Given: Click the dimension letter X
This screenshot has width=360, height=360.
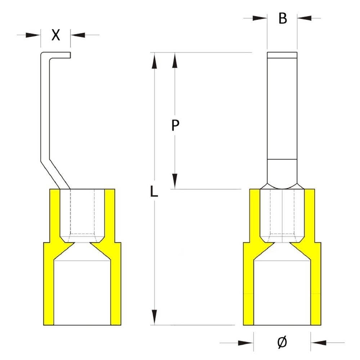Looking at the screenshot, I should coord(55,35).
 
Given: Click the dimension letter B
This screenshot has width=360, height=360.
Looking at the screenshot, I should coord(283,18).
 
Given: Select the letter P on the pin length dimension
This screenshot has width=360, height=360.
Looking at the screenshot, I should coord(175,126).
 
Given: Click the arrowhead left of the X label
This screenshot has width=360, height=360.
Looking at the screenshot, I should coord(35,35).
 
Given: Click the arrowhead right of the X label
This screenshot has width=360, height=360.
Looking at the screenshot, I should coord(77,35).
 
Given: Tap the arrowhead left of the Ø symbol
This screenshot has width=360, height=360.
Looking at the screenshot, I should coord(246,342).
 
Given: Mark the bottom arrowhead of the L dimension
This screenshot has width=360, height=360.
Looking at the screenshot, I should coord(155,317).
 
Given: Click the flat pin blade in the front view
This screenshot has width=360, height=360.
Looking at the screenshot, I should coord(282,108).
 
